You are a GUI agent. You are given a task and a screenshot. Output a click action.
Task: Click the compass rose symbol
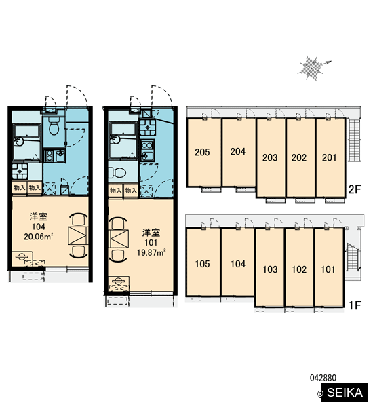tap(312, 68)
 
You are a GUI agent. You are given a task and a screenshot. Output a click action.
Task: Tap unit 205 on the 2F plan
tap(202, 152)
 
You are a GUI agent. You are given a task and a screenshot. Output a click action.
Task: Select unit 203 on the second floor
tap(270, 157)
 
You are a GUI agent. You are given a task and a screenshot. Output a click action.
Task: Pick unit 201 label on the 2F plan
tap(329, 157)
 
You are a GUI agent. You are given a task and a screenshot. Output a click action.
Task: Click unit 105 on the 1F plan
tap(203, 264)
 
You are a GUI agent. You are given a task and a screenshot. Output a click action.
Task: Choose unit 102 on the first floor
tap(299, 269)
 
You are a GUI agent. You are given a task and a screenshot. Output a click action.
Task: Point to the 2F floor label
tap(355, 189)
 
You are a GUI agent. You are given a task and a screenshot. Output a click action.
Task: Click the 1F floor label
tap(355, 305)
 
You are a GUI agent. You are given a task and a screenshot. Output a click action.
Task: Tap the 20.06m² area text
tap(39, 237)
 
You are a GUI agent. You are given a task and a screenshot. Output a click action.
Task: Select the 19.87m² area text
tap(151, 252)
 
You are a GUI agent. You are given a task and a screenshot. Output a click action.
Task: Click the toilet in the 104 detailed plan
tap(54, 126)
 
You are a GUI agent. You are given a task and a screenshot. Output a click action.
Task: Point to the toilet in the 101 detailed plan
tap(117, 172)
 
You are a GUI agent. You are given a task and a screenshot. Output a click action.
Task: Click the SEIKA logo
tap(345, 393)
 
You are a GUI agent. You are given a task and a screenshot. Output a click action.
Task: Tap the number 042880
tap(323, 378)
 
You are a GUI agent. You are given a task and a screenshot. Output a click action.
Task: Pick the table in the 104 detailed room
tap(77, 235)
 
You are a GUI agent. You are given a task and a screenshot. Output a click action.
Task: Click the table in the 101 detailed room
tap(119, 239)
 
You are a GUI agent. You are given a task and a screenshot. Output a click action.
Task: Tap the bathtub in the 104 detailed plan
tap(26, 142)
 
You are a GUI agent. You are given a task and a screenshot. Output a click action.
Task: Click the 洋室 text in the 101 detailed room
tap(151, 233)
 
